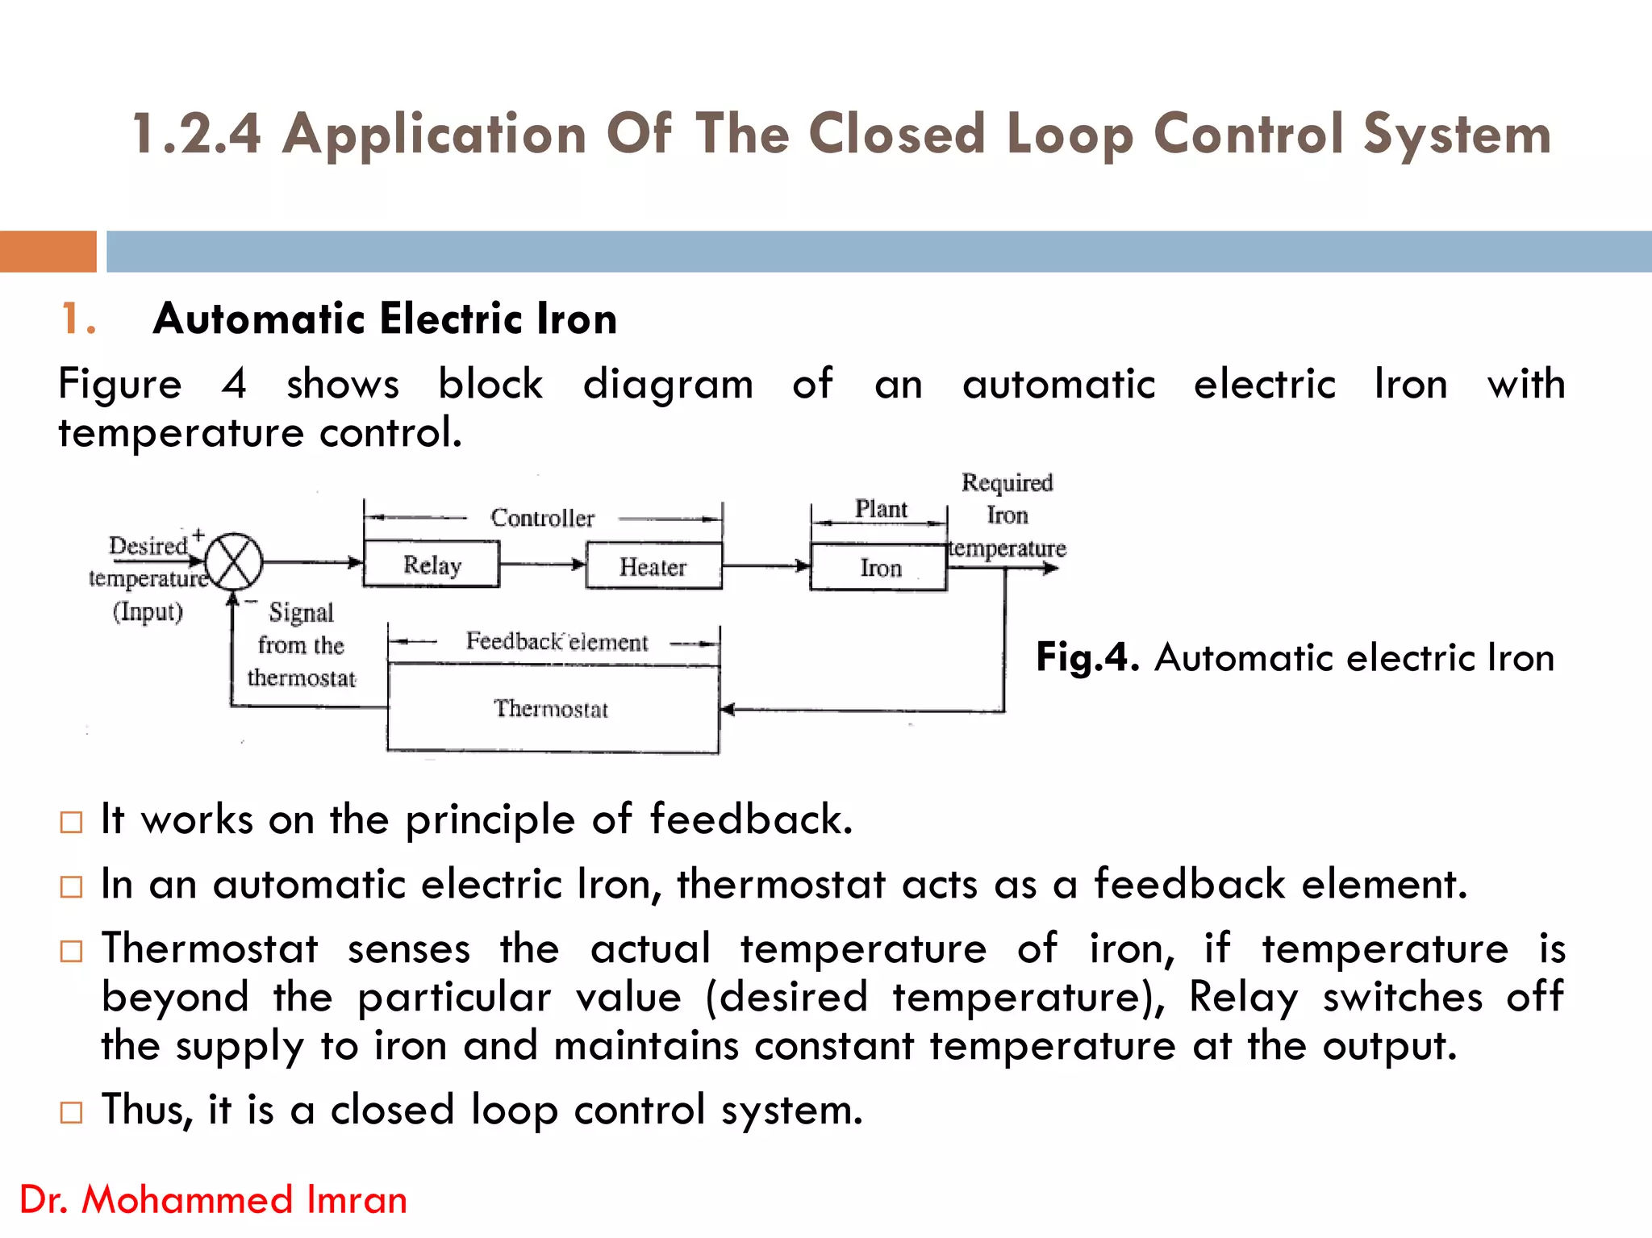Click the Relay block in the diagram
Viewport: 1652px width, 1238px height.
click(432, 564)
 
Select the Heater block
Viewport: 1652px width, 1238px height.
click(653, 566)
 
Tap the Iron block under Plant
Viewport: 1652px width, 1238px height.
click(878, 568)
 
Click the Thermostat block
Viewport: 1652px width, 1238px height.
click(553, 709)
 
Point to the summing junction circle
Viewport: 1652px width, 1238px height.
click(234, 562)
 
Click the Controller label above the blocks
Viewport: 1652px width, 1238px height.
click(542, 518)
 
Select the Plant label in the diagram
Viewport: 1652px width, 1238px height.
click(881, 509)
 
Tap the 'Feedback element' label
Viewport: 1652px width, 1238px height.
click(557, 642)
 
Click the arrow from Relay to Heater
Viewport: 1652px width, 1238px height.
click(542, 564)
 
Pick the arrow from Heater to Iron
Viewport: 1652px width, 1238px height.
click(766, 565)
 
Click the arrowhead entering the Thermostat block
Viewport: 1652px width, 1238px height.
click(728, 710)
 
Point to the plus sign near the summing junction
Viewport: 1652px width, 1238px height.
click(198, 535)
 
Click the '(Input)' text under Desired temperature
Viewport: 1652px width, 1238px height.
click(148, 611)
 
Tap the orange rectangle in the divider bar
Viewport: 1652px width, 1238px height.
click(48, 252)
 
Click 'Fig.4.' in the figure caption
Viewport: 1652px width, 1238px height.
click(1087, 658)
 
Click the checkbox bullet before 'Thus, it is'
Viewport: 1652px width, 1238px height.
click(72, 1113)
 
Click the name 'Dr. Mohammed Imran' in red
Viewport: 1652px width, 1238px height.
click(214, 1199)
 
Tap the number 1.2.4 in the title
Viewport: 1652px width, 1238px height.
click(197, 134)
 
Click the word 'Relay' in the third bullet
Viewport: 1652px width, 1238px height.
click(1243, 997)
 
